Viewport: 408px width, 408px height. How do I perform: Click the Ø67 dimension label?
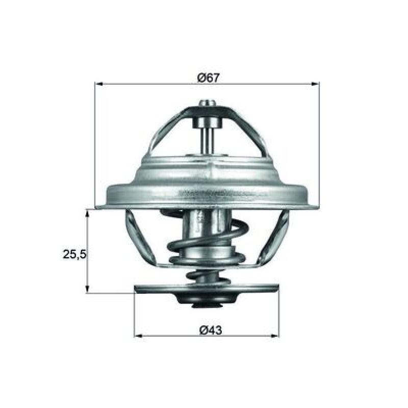(x=208, y=78)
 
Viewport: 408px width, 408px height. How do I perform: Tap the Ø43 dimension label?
(x=211, y=330)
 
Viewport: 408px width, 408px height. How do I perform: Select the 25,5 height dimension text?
(x=74, y=254)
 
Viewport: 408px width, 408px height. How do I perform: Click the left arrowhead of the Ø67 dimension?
(x=99, y=84)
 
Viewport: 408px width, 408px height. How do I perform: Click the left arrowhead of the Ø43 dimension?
(x=138, y=336)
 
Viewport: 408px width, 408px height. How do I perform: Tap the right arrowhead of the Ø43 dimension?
(x=275, y=336)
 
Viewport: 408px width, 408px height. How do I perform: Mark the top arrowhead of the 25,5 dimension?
(x=87, y=214)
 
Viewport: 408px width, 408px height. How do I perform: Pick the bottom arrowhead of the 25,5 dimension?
(x=87, y=289)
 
